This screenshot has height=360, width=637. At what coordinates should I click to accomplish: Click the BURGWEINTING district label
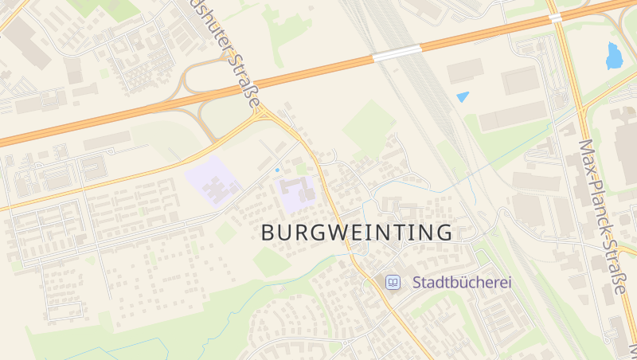coord(357,233)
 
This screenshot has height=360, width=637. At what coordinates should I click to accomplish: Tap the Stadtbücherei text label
coord(461,283)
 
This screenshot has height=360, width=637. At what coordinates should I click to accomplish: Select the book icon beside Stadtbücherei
coord(392,283)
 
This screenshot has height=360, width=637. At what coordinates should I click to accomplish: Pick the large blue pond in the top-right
coord(614,56)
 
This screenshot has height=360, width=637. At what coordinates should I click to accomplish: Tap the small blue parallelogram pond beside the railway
coord(463,96)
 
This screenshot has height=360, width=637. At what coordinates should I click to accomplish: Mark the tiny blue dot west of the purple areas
coord(277,170)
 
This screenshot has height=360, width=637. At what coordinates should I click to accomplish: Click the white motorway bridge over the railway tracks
coord(397,53)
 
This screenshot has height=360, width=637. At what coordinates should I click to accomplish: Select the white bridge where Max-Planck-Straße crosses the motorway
coord(555,16)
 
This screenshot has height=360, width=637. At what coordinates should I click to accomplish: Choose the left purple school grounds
coord(213,182)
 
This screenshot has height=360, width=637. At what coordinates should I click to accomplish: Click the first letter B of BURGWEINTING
coord(270,233)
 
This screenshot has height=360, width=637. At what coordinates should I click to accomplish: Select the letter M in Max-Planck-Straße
coord(587,149)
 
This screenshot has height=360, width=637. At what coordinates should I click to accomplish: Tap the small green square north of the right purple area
coord(301,170)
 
